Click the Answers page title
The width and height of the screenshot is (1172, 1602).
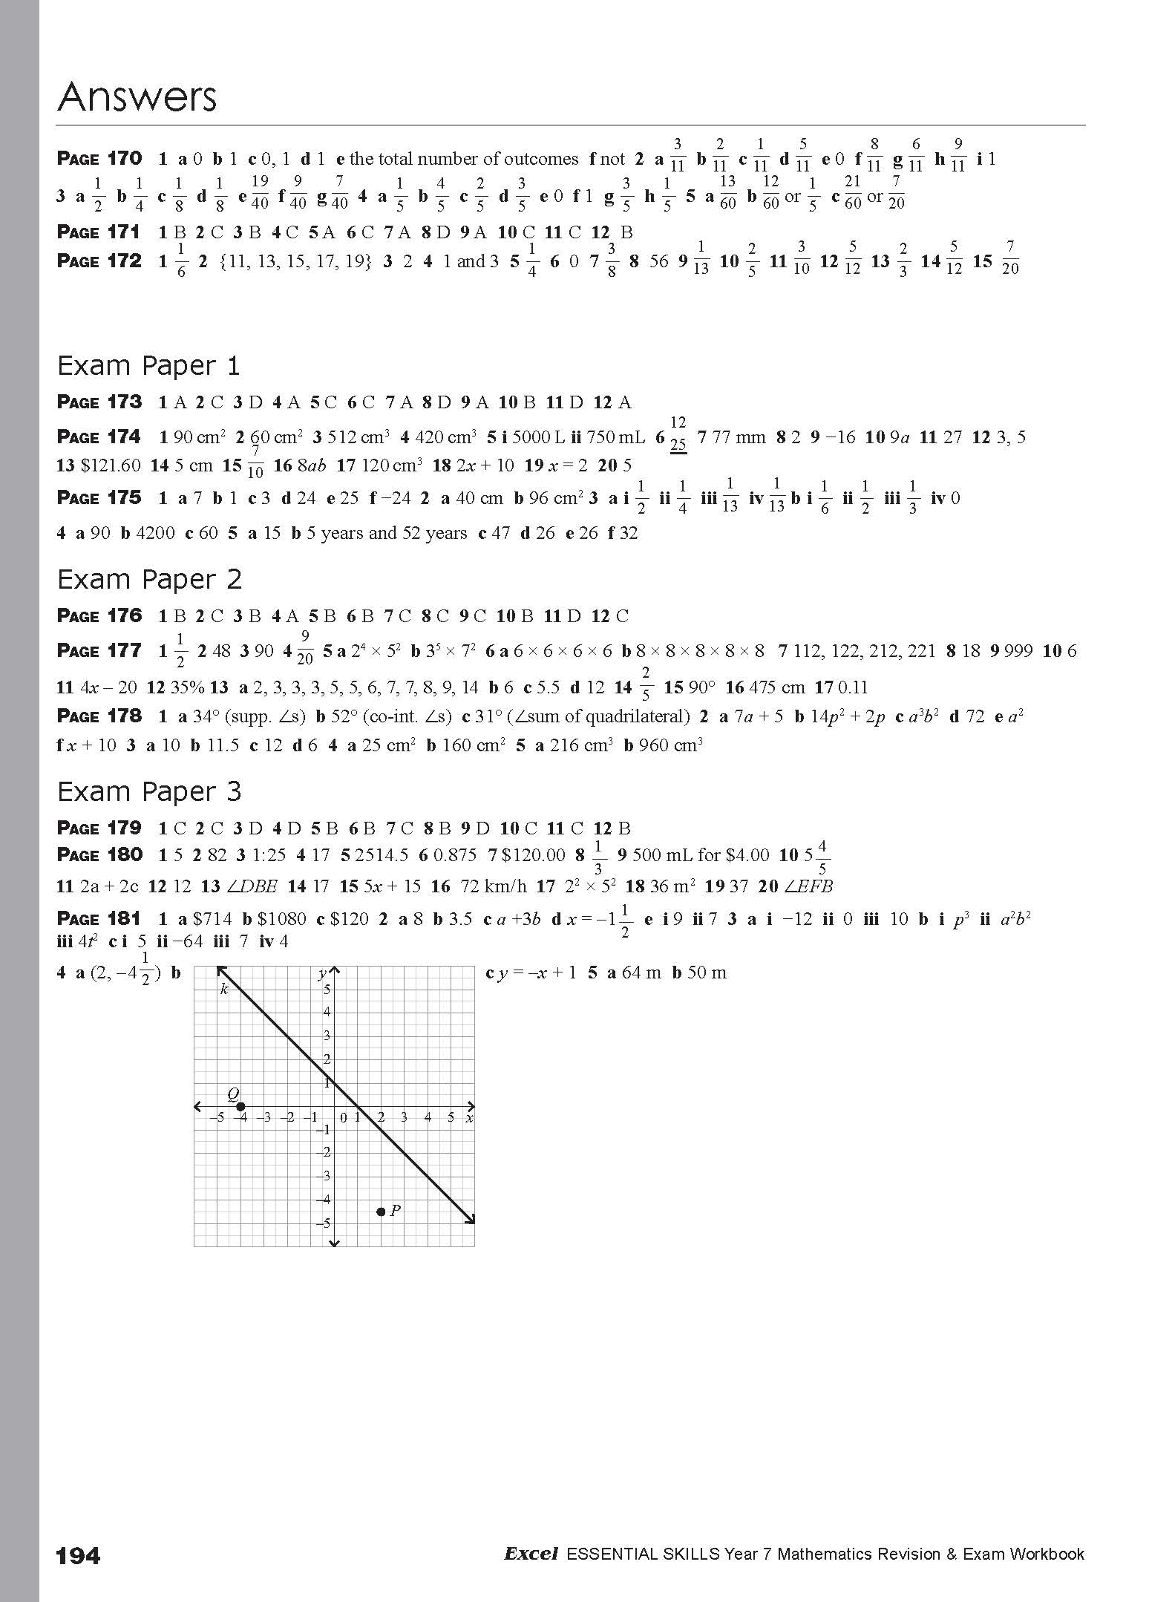[x=137, y=97]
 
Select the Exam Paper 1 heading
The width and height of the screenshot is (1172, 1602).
[x=149, y=366]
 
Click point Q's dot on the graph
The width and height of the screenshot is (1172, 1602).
[x=240, y=1107]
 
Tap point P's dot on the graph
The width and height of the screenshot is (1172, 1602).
[x=381, y=1212]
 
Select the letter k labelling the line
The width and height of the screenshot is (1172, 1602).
[x=224, y=989]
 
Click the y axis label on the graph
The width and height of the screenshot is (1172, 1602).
[x=323, y=973]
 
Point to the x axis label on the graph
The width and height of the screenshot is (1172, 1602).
[x=469, y=1117]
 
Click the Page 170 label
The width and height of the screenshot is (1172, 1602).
[x=99, y=158]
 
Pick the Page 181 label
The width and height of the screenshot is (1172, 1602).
[x=99, y=918]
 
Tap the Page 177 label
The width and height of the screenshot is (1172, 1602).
[x=99, y=651]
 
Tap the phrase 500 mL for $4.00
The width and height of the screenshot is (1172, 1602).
[x=701, y=855]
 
